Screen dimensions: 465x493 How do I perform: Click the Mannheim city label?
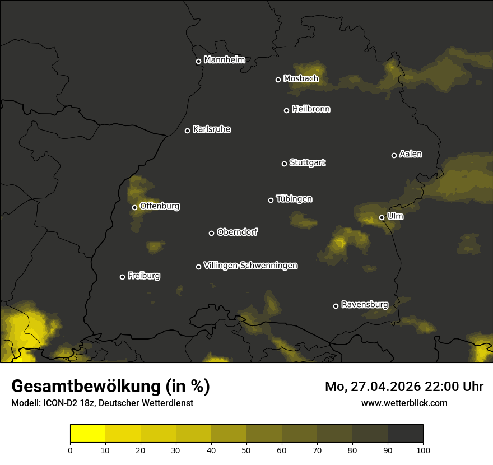225,60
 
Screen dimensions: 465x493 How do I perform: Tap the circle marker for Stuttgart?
284,164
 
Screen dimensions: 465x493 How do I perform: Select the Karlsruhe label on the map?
212,129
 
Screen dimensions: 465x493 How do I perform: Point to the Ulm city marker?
382,217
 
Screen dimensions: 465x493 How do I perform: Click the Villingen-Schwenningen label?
250,266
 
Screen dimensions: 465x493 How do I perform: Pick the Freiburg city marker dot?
122,277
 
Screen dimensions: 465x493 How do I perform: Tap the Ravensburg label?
365,305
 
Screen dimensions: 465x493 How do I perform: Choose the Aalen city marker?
394,155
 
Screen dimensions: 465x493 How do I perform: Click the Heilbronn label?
311,109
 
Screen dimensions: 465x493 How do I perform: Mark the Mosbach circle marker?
278,80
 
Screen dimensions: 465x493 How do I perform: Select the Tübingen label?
294,199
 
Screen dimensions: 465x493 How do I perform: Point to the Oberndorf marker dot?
211,233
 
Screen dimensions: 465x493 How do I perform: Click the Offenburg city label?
160,206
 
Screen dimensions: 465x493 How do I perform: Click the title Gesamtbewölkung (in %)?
110,387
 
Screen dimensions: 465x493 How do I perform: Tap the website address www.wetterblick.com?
404,403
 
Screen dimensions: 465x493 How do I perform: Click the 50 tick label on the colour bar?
246,449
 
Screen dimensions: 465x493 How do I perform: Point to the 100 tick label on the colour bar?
423,449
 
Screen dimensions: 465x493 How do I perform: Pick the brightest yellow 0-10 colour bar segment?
88,434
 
